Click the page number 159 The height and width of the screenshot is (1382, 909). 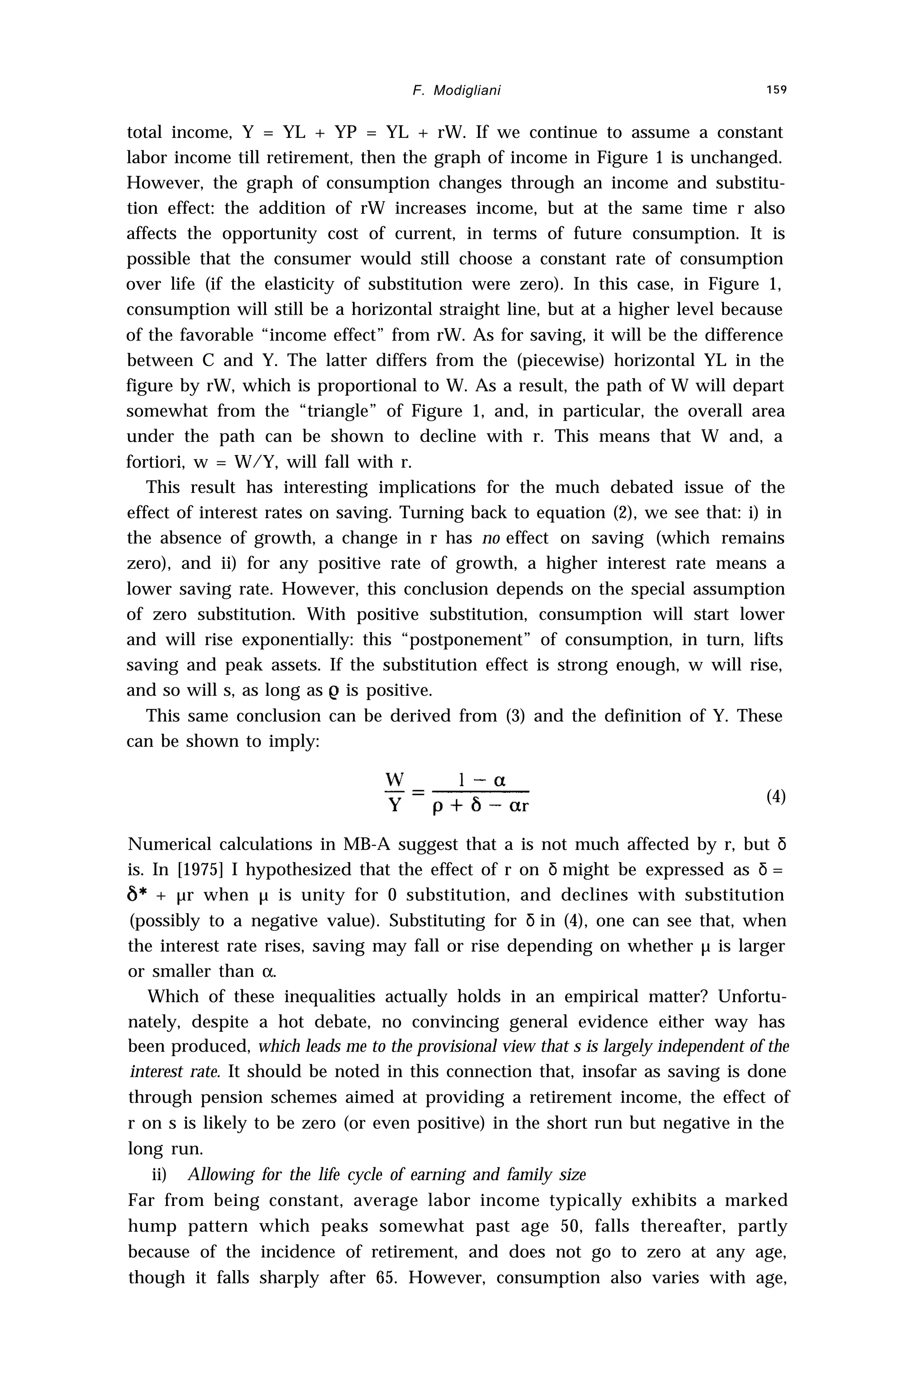click(x=775, y=90)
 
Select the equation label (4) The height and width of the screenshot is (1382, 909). click(x=776, y=797)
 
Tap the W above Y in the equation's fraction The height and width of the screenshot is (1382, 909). click(x=395, y=779)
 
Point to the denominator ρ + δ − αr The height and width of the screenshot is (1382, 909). click(x=481, y=807)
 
